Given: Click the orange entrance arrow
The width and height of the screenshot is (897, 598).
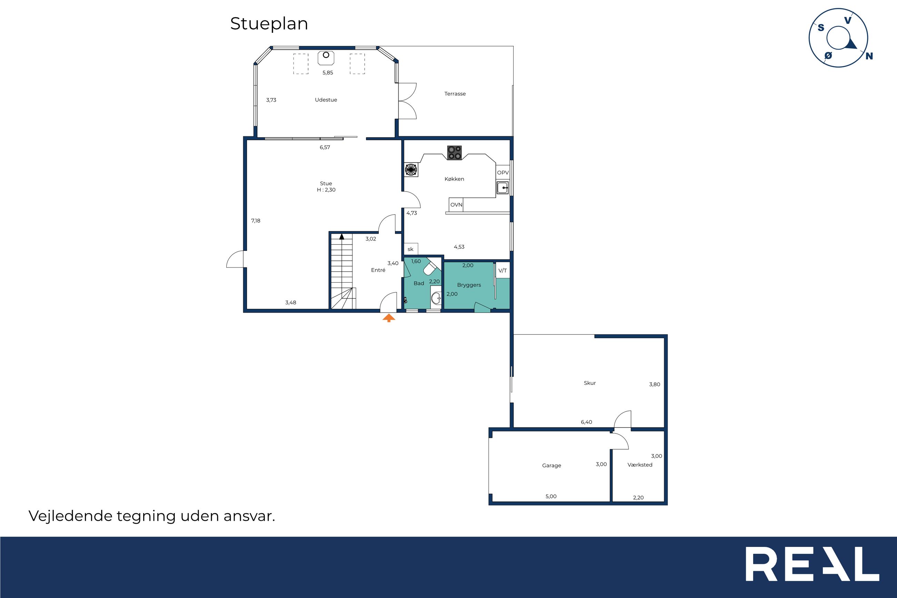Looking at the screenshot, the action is pos(389,318).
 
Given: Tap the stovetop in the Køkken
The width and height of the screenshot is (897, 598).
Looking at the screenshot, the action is pos(454,153).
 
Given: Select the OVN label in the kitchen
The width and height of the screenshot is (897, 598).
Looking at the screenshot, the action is pos(456,205).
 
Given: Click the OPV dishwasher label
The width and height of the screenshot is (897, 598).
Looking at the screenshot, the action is pos(503,173).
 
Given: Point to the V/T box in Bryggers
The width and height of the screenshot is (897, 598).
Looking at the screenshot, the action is pos(503,271).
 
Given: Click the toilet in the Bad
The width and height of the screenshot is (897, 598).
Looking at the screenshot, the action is pos(431,267).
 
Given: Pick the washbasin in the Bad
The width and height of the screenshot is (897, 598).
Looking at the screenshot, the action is pos(436,298).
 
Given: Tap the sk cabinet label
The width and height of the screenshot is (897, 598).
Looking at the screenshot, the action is pos(411,249).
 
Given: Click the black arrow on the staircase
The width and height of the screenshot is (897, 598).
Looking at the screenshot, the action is pos(342,236).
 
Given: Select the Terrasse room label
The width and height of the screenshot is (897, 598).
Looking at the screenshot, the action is pos(455,94).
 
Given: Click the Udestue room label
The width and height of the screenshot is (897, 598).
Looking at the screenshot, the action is pos(326,100).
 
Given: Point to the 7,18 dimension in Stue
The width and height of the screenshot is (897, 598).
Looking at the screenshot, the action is pos(256,221).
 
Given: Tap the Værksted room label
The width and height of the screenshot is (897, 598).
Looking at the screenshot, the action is pos(640,465).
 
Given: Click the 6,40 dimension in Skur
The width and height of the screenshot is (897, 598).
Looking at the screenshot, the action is pos(586,422).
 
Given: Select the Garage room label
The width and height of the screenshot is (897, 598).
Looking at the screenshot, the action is pos(552,465).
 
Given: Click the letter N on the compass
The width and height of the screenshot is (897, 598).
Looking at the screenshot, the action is pos(869,56).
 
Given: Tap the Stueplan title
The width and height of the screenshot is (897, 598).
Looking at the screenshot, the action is pos(269,24).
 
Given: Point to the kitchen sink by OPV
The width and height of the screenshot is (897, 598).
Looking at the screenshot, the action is pos(502,188).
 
